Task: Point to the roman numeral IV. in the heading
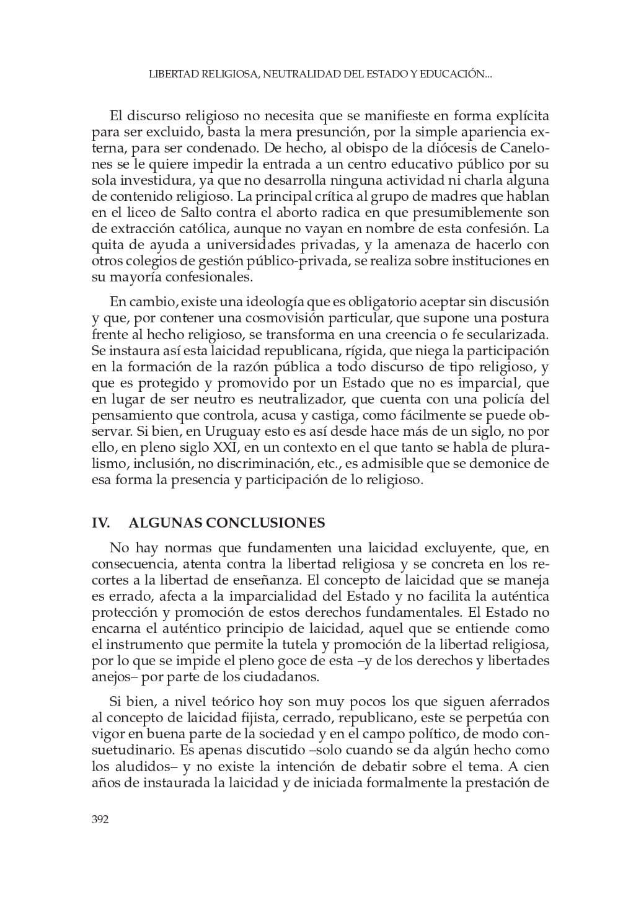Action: [x=101, y=523]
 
